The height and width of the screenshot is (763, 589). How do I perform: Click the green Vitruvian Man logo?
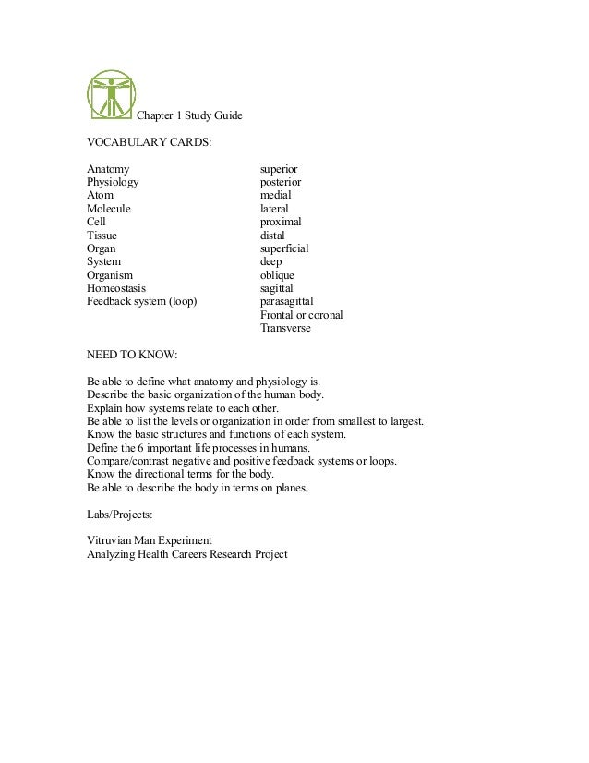tap(110, 95)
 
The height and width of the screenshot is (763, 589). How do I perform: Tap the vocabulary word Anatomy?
tap(108, 170)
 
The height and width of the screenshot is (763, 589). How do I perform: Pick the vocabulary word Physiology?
tap(113, 183)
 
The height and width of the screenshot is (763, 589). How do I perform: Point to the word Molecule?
tap(109, 210)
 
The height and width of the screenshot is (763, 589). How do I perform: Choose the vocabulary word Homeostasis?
tap(116, 288)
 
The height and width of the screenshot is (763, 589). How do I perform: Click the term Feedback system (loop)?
tap(142, 301)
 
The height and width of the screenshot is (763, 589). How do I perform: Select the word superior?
tap(279, 170)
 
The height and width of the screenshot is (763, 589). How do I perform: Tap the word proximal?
tap(281, 223)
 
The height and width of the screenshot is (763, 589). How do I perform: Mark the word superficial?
tap(284, 249)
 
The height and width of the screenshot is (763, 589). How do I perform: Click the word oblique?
tap(278, 275)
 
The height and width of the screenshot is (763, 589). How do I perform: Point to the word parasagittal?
tap(287, 301)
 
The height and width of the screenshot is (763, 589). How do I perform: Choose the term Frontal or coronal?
tap(301, 315)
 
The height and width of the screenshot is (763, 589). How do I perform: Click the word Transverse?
tap(285, 328)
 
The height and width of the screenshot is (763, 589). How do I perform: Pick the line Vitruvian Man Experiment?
tap(150, 540)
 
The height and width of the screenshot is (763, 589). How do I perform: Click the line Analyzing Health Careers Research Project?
tap(186, 554)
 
